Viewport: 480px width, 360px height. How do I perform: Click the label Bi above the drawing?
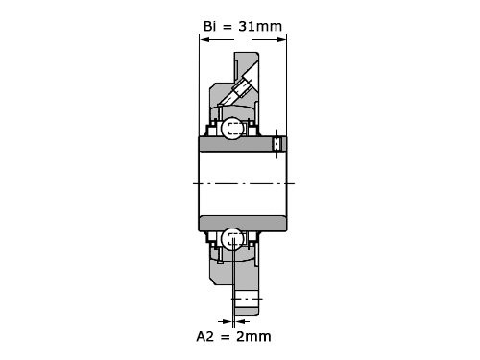pos(210,26)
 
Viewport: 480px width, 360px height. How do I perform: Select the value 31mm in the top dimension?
pos(260,26)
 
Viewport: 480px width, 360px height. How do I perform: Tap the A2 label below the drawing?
pos(204,336)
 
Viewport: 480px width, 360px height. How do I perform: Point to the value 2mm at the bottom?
pos(253,336)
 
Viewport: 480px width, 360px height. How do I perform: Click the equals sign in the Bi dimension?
pos(228,27)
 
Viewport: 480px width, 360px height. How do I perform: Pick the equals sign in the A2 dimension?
pos(225,337)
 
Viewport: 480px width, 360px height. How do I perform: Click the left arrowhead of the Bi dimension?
pos(204,39)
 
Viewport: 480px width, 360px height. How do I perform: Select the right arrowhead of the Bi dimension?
pos(281,39)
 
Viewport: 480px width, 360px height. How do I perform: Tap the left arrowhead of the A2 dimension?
pos(227,321)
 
